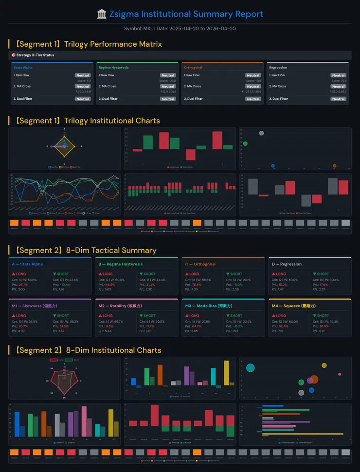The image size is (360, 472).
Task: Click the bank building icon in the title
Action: tap(102, 14)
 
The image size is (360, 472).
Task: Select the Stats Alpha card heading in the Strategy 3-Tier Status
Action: tap(23, 68)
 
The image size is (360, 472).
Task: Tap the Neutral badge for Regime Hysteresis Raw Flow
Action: tap(168, 75)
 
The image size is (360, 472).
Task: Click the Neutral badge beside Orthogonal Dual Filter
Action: tap(253, 99)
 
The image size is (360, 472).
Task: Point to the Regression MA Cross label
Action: tap(277, 86)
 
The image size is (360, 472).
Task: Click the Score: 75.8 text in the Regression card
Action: tap(339, 80)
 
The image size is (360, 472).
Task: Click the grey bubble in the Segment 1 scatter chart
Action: tap(261, 133)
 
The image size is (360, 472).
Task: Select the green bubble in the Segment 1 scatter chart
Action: tap(245, 144)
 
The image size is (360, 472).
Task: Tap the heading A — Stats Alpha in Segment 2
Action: tap(27, 264)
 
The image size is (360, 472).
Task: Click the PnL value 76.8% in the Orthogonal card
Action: tap(197, 285)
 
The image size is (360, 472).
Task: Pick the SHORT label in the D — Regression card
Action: tap(321, 274)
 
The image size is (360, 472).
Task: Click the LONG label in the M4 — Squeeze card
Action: tap(281, 316)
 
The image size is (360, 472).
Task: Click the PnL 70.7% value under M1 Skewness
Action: tap(23, 326)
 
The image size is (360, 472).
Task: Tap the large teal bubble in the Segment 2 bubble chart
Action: tap(250, 367)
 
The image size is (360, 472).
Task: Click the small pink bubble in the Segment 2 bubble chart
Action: tap(340, 374)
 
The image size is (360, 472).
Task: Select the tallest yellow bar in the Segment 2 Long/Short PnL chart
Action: tap(226, 373)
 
